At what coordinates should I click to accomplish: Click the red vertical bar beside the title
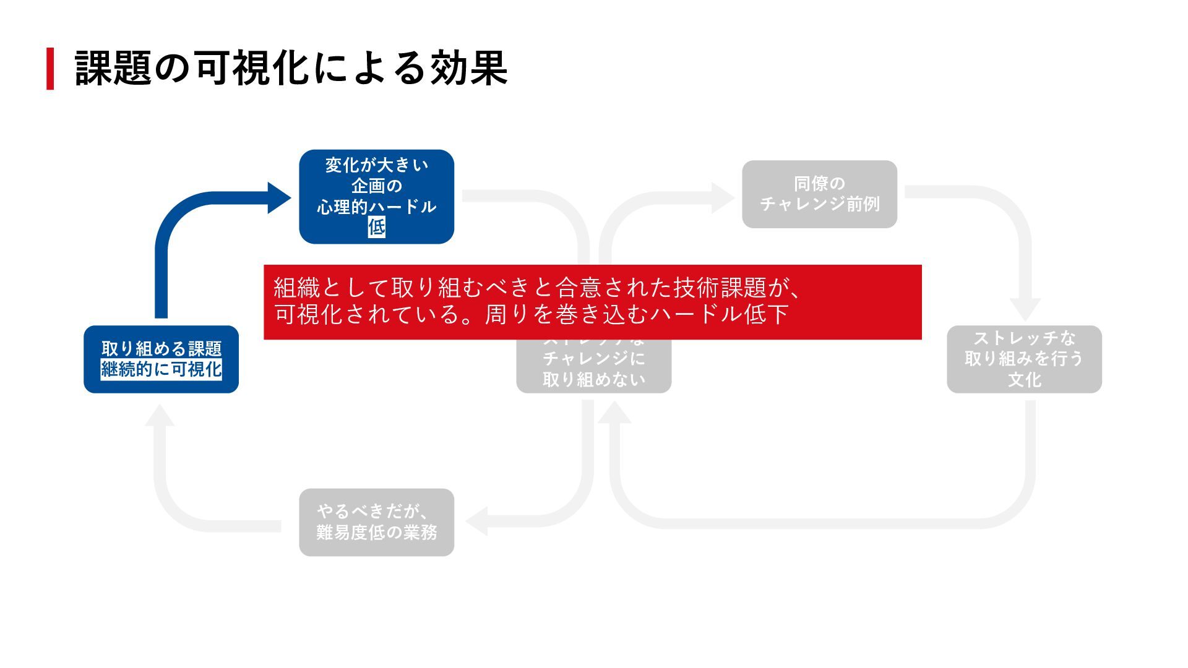tap(50, 69)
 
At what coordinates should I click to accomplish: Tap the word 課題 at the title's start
tap(113, 68)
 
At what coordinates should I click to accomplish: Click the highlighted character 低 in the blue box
tap(377, 227)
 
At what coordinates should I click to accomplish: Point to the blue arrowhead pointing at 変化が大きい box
tap(279, 198)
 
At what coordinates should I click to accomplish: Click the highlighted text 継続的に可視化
tap(161, 369)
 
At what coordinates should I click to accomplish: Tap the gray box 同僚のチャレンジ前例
tap(819, 194)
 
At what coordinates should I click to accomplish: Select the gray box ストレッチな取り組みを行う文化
tap(1024, 359)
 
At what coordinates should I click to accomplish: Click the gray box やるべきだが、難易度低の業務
tap(376, 522)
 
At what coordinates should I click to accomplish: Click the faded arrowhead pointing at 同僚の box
tap(723, 198)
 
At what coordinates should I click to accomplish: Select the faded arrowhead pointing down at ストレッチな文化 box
tap(1025, 309)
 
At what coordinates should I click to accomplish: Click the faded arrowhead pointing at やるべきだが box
tap(476, 521)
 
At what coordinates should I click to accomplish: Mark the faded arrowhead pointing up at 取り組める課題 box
tap(160, 416)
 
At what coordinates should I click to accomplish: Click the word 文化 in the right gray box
tap(1024, 379)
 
